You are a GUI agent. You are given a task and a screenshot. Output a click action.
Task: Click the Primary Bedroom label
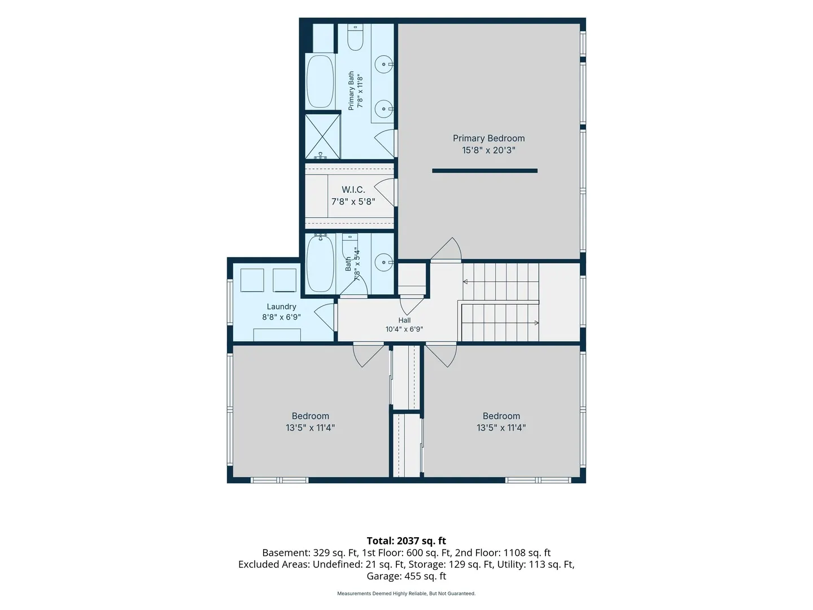(488, 138)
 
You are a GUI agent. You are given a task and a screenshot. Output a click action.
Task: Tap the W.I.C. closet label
(353, 190)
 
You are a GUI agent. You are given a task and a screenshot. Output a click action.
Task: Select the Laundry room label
(282, 307)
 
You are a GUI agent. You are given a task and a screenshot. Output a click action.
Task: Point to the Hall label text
(404, 320)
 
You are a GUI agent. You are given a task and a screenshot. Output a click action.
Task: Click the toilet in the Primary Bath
(355, 37)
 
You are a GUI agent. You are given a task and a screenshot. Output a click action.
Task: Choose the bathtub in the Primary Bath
(320, 82)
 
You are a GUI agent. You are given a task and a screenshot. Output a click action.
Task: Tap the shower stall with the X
(322, 136)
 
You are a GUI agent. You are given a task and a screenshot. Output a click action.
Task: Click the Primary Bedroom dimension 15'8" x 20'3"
(488, 150)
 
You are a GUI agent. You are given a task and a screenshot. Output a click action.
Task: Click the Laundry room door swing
(324, 317)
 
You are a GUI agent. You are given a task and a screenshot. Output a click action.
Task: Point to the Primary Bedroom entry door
(446, 249)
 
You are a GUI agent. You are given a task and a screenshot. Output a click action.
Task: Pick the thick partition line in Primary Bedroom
(484, 171)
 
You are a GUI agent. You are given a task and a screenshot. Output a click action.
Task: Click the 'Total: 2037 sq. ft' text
(406, 541)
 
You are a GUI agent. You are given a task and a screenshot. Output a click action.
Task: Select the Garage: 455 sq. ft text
(406, 576)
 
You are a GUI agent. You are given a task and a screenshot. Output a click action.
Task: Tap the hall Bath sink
(383, 262)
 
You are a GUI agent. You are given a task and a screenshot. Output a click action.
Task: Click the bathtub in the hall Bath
(320, 264)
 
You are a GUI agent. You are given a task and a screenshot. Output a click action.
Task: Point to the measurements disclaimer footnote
(406, 593)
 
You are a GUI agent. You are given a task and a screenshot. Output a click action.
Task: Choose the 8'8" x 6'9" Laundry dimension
(282, 317)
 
